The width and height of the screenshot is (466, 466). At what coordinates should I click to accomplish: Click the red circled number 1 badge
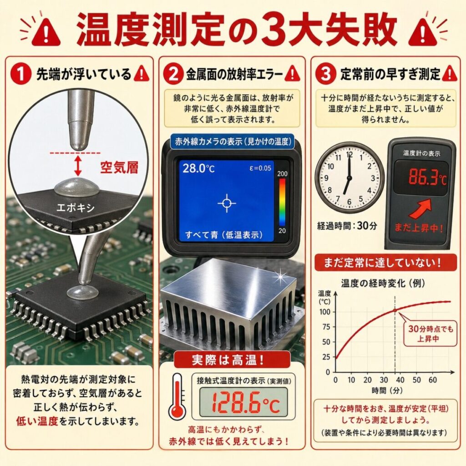pos(21,73)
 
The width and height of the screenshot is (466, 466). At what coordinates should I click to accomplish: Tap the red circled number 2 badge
pos(173,74)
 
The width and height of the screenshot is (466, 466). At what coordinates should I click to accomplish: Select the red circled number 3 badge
pos(325,73)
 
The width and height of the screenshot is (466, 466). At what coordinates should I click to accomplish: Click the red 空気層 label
pos(119,167)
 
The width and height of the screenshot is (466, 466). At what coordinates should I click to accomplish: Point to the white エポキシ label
pos(75,208)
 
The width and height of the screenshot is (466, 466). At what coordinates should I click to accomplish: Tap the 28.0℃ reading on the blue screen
pos(198,168)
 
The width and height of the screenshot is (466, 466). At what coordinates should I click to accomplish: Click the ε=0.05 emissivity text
pos(260,168)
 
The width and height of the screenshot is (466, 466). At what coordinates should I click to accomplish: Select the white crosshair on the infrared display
pos(227,203)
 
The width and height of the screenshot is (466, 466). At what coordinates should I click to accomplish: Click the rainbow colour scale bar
pos(282,202)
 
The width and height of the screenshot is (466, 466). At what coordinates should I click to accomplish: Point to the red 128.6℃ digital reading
pos(245,403)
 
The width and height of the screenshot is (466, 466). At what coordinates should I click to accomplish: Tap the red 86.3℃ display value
pos(427,177)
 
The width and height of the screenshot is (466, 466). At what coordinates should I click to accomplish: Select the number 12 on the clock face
pos(349,155)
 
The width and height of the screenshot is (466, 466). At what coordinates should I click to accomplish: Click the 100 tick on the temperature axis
pos(325,312)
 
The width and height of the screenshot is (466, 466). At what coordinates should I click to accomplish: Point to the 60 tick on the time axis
pos(433,380)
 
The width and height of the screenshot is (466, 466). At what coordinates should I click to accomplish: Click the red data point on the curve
pos(395,310)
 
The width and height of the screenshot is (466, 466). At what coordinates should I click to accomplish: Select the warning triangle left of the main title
pos(46,32)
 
